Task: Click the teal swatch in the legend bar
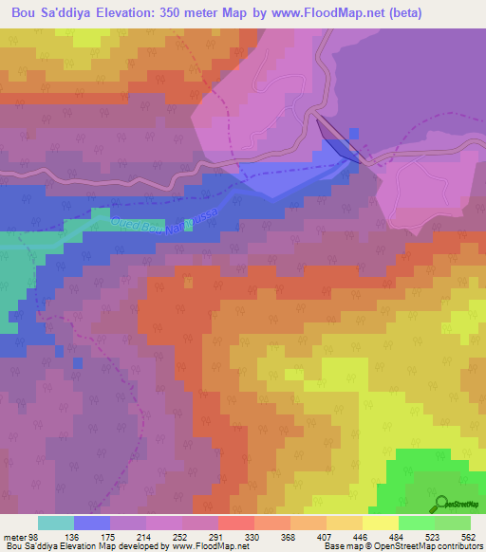[x=56, y=523]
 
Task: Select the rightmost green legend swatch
[x=453, y=523]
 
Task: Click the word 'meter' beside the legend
[x=12, y=536]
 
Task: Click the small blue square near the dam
[x=354, y=134]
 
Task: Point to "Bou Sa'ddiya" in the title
[x=53, y=13]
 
